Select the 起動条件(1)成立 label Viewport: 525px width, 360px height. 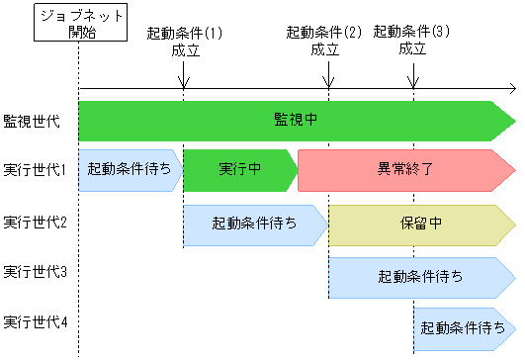pos(185,41)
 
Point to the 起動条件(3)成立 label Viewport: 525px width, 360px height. pos(412,41)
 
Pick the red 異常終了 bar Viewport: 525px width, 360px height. pos(405,170)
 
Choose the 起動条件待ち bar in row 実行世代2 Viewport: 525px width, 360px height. pos(254,225)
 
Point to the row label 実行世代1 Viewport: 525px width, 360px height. pos(35,170)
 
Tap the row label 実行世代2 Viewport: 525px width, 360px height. pos(35,223)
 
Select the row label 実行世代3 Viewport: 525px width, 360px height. pos(35,272)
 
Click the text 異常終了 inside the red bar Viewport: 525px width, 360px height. pos(405,170)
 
